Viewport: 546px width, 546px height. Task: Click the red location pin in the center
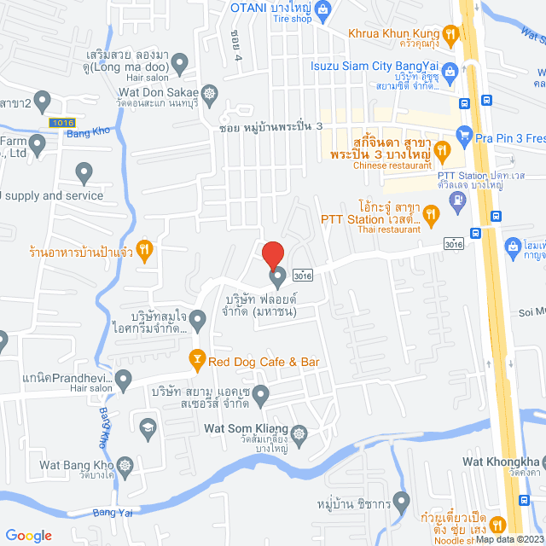[x=272, y=255]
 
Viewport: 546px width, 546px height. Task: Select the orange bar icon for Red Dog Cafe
[x=197, y=361]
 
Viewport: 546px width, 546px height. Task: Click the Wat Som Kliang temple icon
[x=299, y=433]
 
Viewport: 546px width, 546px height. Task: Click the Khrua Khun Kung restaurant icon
[x=451, y=34]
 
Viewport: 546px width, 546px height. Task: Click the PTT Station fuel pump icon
[x=458, y=200]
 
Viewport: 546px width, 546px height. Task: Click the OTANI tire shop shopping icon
[x=322, y=9]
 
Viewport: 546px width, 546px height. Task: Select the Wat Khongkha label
[x=504, y=462]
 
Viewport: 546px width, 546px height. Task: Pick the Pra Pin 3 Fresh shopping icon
[x=464, y=134]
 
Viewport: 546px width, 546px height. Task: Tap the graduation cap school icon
[x=148, y=426]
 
